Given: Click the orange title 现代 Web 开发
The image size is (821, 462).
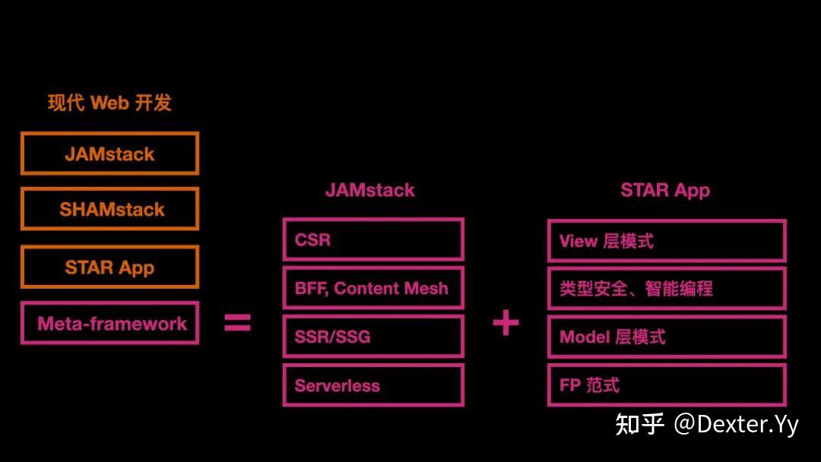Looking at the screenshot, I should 109,103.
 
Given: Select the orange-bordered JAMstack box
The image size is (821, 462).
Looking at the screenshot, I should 109,153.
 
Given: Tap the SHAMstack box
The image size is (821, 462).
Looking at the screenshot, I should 109,209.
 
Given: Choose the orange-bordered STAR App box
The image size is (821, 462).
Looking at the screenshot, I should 109,267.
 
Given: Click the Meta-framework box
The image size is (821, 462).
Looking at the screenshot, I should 109,324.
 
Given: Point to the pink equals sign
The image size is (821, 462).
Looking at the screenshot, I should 237,324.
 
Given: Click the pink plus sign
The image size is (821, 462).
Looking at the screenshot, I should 506,324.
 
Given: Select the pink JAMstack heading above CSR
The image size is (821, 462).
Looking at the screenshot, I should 370,190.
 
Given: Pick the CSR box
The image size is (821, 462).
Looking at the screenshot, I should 372,240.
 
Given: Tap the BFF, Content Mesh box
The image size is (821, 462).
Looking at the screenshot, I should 372,289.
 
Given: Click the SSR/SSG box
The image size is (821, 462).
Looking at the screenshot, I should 372,337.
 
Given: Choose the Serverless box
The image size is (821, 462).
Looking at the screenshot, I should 372,385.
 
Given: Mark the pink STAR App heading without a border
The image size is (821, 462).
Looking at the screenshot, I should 665,190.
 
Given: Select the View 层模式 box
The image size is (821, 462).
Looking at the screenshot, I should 666,241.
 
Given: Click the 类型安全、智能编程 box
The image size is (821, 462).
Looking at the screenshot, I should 666,289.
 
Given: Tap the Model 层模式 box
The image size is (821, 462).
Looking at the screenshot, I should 666,337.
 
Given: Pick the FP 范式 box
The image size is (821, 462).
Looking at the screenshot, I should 666,385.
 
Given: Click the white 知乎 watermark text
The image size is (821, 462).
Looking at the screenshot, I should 639,424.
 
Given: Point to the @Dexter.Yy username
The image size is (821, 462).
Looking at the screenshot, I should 736,424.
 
